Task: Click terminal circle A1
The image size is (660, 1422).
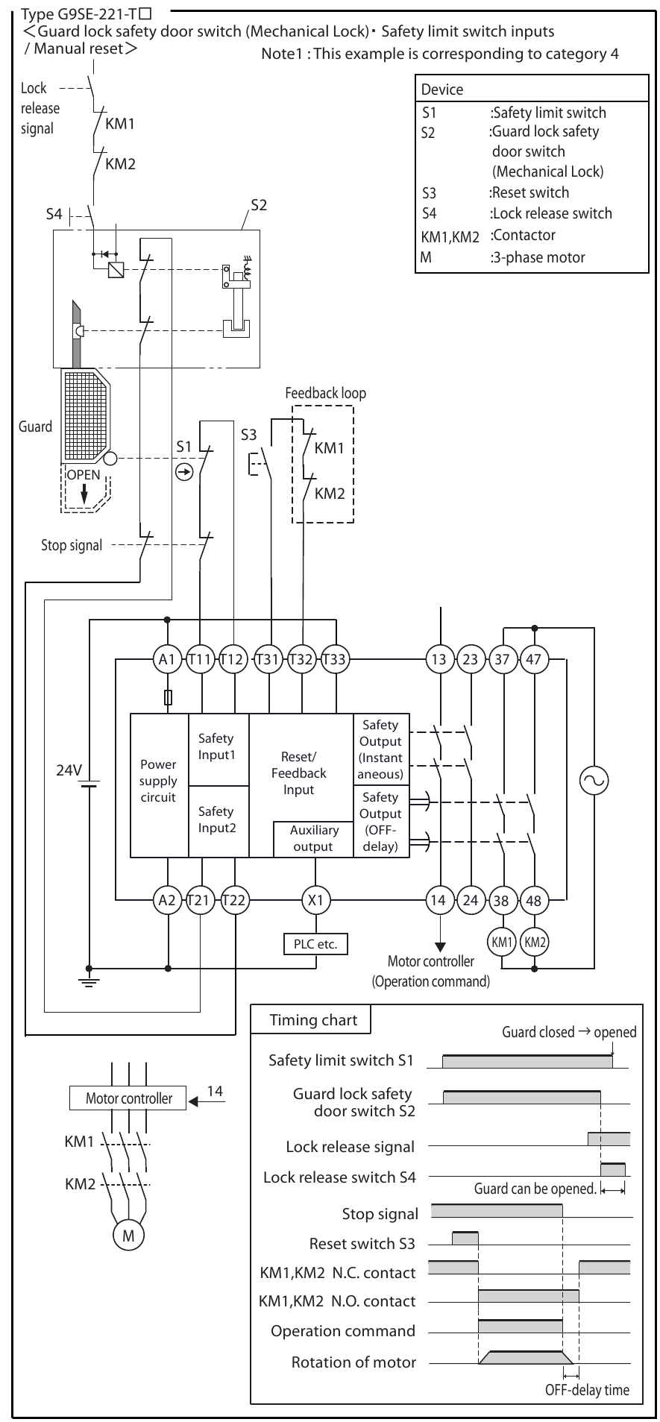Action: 167,659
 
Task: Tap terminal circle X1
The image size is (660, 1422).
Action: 315,900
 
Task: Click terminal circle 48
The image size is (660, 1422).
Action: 534,900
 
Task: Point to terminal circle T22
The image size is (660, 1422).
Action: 234,900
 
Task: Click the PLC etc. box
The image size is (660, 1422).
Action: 315,943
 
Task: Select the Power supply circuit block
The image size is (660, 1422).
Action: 159,781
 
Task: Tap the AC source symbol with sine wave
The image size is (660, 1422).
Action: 594,780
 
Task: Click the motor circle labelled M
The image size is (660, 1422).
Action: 128,1236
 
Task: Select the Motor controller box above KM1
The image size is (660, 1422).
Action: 128,1098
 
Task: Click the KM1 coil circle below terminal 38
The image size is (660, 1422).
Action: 501,942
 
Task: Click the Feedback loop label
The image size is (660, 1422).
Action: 326,393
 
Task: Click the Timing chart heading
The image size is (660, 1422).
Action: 313,1020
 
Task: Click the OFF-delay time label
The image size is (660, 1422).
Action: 587,1390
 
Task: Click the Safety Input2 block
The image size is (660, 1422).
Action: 216,819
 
